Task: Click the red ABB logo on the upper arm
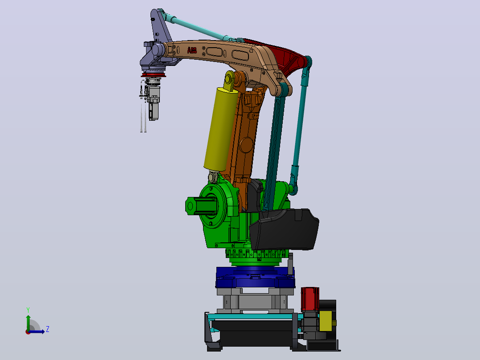pyautogui.click(x=192, y=50)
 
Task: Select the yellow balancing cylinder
pyautogui.click(x=221, y=129)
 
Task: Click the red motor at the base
pyautogui.click(x=310, y=299)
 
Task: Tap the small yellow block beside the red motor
pyautogui.click(x=326, y=321)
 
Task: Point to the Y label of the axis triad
pyautogui.click(x=28, y=310)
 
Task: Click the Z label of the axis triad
pyautogui.click(x=48, y=329)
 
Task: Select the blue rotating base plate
pyautogui.click(x=255, y=277)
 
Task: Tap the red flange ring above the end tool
pyautogui.click(x=153, y=75)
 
